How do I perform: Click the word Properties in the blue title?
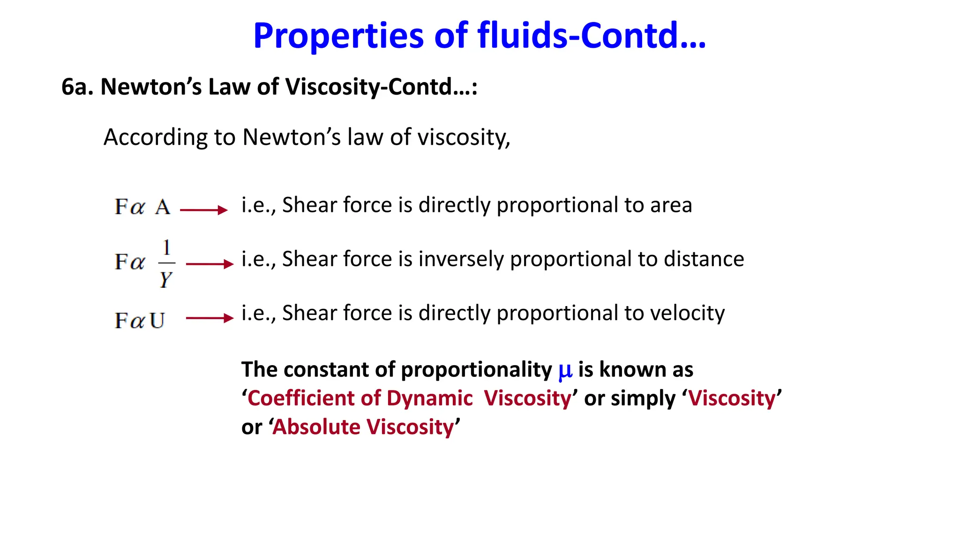[338, 37]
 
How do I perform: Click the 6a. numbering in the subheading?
[77, 87]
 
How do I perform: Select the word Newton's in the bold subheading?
[151, 87]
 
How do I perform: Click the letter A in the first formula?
[163, 207]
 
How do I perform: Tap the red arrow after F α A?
[204, 210]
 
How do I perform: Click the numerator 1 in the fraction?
[166, 247]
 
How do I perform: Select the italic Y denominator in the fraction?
[165, 279]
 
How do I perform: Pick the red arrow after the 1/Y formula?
[210, 264]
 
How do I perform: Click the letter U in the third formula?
[157, 321]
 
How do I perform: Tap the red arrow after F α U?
[210, 318]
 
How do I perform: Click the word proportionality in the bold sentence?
[476, 370]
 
